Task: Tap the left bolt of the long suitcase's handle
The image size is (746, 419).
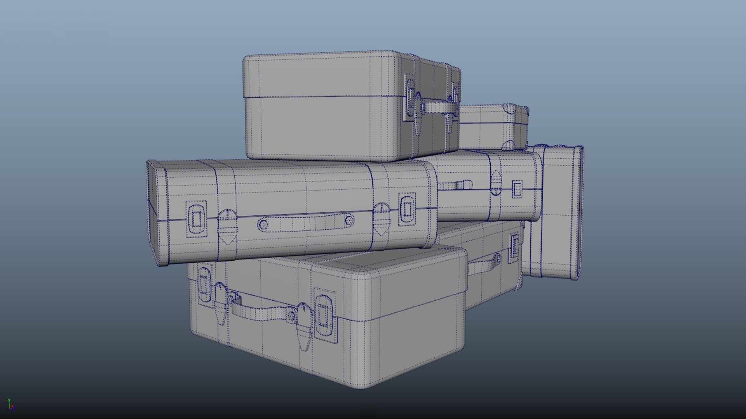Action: (263, 224)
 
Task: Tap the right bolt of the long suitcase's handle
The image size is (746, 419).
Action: (349, 221)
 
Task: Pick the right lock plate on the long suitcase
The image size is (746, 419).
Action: (407, 209)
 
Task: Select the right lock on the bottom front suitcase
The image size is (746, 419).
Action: (324, 314)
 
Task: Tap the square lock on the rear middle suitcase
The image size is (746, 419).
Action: (518, 189)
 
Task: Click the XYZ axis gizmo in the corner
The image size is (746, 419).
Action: (11, 405)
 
